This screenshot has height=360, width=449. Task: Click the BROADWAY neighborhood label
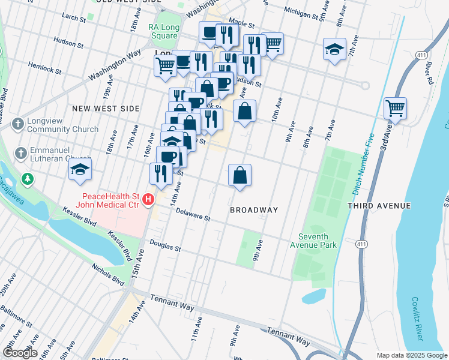click(x=255, y=210)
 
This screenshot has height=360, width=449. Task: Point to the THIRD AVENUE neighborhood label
click(x=379, y=206)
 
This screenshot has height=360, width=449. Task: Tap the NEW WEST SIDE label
click(x=106, y=109)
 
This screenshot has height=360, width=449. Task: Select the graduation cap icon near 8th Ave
click(x=334, y=50)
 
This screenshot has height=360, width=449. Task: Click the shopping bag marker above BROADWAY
click(x=240, y=176)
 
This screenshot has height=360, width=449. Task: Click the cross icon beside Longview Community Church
click(x=19, y=124)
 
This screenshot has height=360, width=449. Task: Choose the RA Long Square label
click(x=163, y=31)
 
